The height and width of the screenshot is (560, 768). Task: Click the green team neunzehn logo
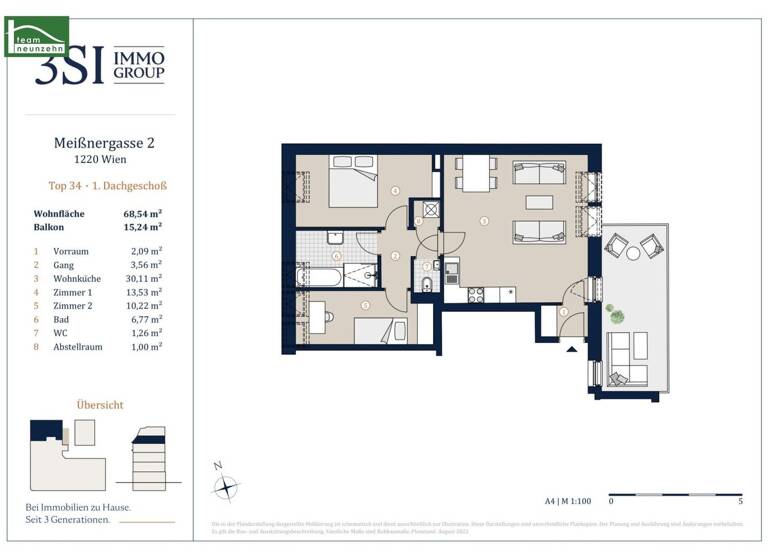tap(37, 36)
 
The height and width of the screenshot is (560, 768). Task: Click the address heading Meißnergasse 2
tap(103, 143)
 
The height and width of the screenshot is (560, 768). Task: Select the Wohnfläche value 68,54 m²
tap(142, 213)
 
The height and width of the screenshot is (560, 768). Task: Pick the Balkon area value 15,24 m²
tap(142, 227)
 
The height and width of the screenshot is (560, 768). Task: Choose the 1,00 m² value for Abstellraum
tap(147, 345)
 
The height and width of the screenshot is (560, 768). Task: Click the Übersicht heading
tap(100, 404)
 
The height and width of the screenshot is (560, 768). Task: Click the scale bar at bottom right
tap(674, 494)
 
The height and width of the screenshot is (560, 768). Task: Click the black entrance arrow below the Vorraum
tap(571, 347)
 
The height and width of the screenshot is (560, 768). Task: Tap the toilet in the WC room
tap(427, 286)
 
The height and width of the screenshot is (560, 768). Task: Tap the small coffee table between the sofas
tap(538, 203)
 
